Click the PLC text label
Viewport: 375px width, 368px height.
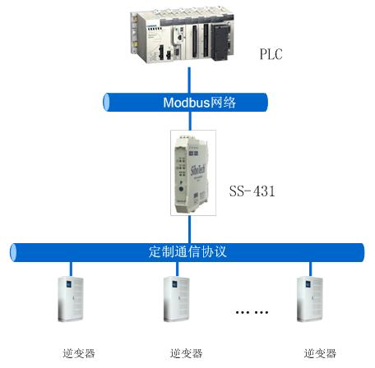(x=271, y=54)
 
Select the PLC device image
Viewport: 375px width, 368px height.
(x=183, y=35)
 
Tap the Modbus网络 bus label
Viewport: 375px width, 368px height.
(x=199, y=103)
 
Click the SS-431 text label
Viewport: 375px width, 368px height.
(x=252, y=191)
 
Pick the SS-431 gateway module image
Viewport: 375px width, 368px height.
(x=192, y=174)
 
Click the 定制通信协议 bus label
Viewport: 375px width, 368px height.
(x=187, y=251)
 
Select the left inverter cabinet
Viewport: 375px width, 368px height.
(x=71, y=299)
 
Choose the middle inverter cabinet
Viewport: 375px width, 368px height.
(x=177, y=299)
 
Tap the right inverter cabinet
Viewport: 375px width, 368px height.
(x=310, y=299)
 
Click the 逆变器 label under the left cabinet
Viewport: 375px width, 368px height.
(x=79, y=353)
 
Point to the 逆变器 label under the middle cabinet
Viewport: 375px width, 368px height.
(x=186, y=353)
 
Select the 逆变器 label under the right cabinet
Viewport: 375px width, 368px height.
(x=320, y=353)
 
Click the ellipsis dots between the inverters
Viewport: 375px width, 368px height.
(x=252, y=312)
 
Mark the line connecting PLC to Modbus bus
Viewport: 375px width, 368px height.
(x=189, y=80)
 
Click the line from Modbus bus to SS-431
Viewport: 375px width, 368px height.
(x=189, y=121)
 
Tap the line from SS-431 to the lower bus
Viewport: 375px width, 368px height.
(x=189, y=229)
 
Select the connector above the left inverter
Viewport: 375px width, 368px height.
(x=71, y=269)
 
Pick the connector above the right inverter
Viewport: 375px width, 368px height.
(x=310, y=269)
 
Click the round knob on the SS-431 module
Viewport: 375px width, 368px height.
(x=181, y=189)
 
